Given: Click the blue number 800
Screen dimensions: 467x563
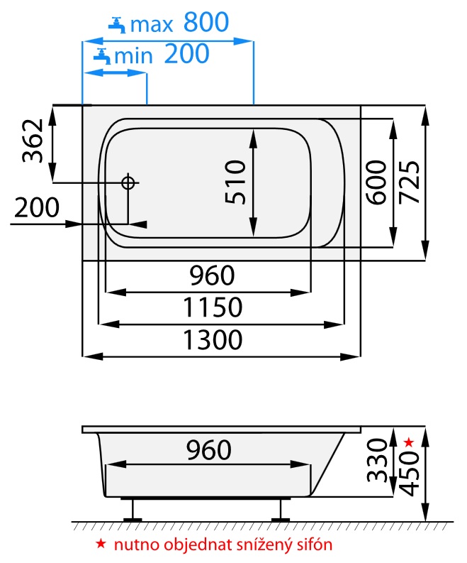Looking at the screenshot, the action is click(206, 22).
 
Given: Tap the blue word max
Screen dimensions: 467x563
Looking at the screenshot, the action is click(152, 24).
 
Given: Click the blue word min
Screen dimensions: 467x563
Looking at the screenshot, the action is click(133, 56).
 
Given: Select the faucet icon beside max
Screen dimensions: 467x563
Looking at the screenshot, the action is click(117, 25).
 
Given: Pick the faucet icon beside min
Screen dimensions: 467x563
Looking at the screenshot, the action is click(102, 56).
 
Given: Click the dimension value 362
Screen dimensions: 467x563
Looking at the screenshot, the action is click(33, 141).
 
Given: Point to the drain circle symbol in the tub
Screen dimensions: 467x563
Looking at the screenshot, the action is click(128, 182).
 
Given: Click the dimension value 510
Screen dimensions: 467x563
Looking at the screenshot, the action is click(235, 182).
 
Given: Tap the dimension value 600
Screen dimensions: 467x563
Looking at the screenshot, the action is click(377, 182).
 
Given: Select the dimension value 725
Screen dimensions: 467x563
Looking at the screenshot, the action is click(409, 182).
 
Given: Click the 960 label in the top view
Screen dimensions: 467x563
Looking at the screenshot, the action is click(212, 275).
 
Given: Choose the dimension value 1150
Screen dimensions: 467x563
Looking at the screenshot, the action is click(213, 307).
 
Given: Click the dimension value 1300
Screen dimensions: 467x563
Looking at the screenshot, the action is click(213, 340).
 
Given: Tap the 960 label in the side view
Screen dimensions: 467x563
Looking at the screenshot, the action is click(208, 450).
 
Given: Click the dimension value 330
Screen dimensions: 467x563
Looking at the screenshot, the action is click(377, 460).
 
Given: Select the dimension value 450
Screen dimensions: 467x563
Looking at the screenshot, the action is click(409, 474).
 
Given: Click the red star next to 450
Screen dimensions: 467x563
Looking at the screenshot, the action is click(409, 442).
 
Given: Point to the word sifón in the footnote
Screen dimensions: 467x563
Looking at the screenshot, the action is click(315, 545).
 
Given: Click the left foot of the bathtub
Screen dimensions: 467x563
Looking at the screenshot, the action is click(133, 510).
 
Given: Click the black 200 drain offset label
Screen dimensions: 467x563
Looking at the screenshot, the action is click(37, 207).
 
